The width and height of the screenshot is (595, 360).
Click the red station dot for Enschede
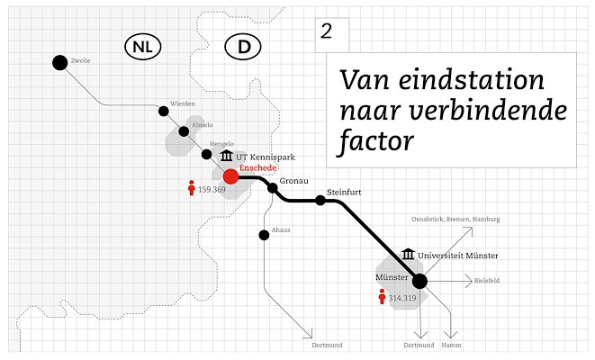(x=230, y=176)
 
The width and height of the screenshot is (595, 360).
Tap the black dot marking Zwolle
(x=60, y=63)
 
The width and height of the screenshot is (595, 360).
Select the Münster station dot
(x=419, y=281)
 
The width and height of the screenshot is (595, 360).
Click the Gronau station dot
(x=273, y=188)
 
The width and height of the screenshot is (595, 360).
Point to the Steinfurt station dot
(x=320, y=201)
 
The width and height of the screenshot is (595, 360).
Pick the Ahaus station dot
(x=264, y=235)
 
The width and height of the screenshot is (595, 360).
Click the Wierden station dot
(x=164, y=111)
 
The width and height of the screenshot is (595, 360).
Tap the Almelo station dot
(x=184, y=131)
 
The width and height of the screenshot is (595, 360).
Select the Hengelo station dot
(x=207, y=155)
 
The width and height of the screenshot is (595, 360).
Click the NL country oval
(x=143, y=47)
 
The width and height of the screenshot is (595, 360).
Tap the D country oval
(x=243, y=47)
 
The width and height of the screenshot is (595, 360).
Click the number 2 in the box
(x=327, y=31)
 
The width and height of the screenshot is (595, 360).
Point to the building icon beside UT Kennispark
(x=227, y=155)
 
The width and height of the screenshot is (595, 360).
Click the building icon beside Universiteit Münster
(x=408, y=254)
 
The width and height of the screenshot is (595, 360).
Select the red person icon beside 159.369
(x=192, y=188)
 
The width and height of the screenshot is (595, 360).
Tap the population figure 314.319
(x=402, y=298)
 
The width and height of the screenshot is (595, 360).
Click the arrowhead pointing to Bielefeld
(x=469, y=281)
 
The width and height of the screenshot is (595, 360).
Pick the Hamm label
(x=452, y=346)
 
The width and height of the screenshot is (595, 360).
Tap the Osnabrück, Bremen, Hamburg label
(x=455, y=220)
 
